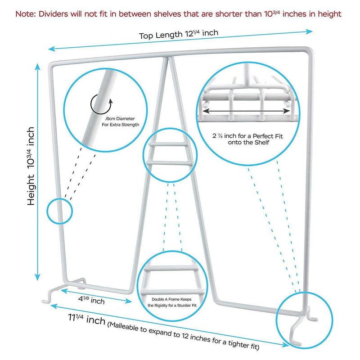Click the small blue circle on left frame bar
59,210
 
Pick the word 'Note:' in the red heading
25,14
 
